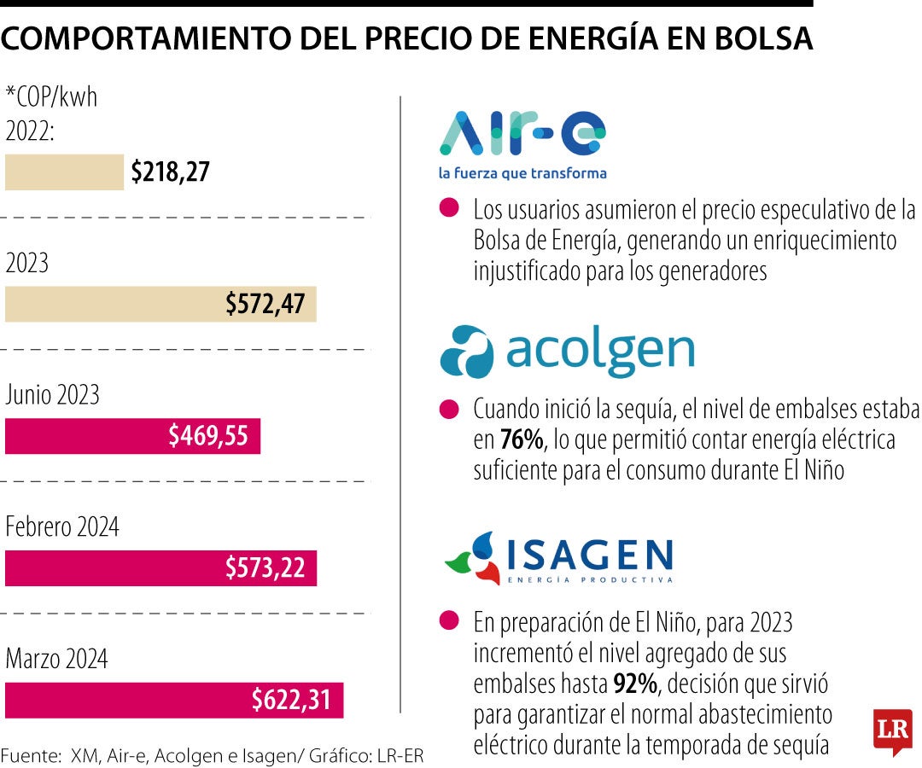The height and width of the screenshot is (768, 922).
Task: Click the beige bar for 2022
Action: [64, 172]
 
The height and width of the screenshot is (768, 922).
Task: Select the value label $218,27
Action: [170, 172]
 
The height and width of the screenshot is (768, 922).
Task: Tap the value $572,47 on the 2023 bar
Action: [265, 304]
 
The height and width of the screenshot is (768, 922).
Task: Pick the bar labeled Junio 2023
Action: [132, 436]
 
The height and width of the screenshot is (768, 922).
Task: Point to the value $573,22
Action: [265, 567]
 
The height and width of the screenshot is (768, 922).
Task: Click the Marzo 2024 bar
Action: [173, 700]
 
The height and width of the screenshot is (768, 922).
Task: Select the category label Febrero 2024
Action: [62, 527]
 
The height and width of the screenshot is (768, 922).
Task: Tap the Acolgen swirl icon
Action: [466, 352]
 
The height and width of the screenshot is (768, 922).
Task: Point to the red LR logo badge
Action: [892, 731]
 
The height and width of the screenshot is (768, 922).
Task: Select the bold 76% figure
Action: [522, 440]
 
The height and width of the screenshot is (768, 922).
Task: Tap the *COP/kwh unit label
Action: [52, 97]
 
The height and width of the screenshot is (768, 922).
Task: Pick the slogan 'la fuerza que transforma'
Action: [522, 173]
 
